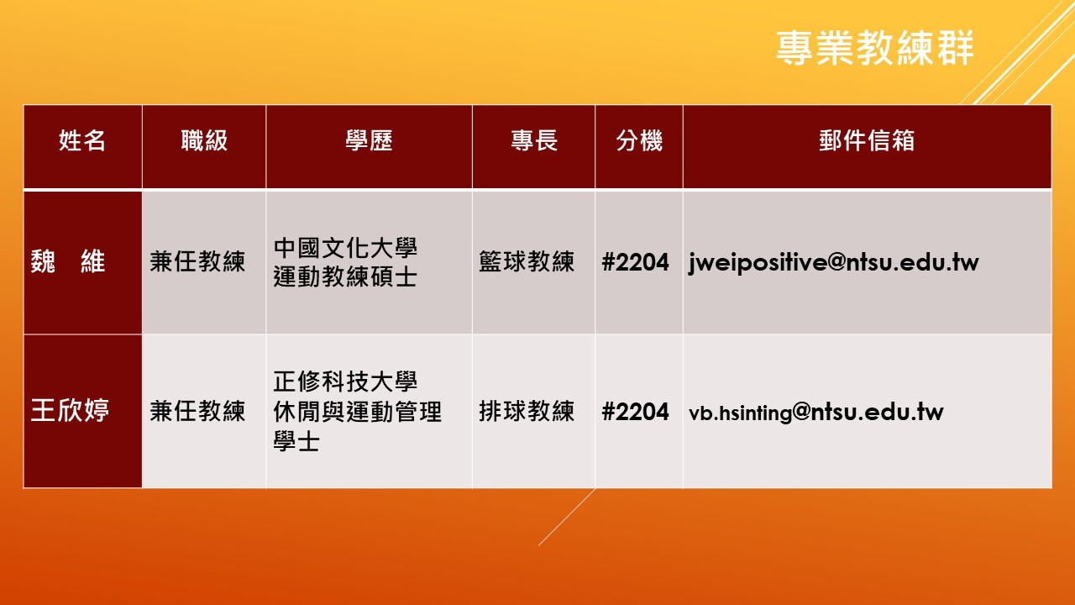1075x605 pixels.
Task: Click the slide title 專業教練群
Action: (874, 48)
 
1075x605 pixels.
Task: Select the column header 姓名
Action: (82, 140)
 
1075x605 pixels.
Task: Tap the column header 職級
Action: (204, 140)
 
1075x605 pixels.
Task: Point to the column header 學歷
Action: (369, 140)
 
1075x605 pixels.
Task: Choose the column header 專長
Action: (533, 140)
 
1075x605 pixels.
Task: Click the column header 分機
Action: (639, 140)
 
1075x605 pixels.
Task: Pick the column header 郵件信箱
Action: (867, 140)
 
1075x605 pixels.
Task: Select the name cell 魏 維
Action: (68, 261)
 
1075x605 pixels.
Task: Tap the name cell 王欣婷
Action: (70, 411)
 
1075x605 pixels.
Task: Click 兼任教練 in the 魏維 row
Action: (197, 261)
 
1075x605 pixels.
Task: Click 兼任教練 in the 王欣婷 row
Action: (197, 411)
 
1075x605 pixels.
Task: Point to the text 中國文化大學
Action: (345, 248)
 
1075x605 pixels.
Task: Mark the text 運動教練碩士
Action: (345, 276)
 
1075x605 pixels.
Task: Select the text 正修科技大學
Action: (345, 381)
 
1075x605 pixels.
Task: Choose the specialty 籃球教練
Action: (527, 261)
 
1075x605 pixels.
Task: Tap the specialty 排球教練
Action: (527, 411)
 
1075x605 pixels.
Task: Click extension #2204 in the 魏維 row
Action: (635, 262)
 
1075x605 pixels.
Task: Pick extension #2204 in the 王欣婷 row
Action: (635, 412)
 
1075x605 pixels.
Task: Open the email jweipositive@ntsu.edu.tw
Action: (834, 263)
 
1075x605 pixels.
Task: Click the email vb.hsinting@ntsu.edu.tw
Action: (815, 412)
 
